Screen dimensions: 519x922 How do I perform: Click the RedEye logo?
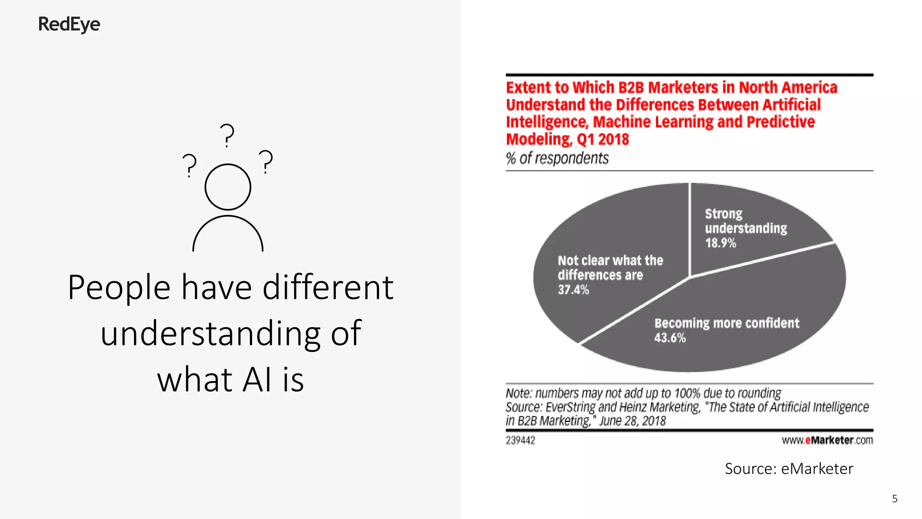[69, 24]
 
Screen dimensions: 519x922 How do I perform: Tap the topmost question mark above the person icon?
[227, 135]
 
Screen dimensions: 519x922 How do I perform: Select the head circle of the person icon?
[228, 187]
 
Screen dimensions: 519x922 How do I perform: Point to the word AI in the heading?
[258, 380]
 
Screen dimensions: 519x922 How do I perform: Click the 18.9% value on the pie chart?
[720, 243]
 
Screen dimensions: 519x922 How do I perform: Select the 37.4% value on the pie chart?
[573, 290]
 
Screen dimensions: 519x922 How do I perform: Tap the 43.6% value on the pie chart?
[670, 338]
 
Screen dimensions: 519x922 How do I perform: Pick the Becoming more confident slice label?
[727, 323]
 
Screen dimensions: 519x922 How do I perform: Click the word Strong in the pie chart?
[723, 214]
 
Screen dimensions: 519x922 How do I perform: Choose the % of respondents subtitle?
[557, 158]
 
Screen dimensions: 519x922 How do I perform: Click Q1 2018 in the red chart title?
[602, 139]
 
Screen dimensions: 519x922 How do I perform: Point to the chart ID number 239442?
[520, 440]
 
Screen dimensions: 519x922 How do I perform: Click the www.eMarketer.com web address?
[827, 440]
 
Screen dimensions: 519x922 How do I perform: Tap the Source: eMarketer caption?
[789, 469]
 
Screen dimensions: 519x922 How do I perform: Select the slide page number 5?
[895, 499]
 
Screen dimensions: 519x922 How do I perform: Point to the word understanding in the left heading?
[210, 333]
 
